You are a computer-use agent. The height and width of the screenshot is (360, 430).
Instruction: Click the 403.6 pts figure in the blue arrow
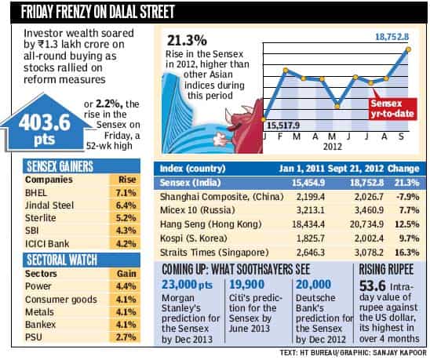pos(44,129)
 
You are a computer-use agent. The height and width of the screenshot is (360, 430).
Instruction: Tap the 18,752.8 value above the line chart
pos(392,36)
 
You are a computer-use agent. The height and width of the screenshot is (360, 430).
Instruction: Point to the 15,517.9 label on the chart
pos(283,125)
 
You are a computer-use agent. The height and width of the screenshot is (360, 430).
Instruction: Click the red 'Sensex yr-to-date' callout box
pos(392,109)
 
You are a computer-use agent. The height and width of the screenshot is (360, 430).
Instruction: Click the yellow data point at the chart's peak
pos(408,49)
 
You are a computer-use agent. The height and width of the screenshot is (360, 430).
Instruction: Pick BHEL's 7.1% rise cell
pos(126,193)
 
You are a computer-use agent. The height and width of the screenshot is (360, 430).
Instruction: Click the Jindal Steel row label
pos(49,205)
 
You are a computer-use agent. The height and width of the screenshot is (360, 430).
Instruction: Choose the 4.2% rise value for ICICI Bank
pos(126,243)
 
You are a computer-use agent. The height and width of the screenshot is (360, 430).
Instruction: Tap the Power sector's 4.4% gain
pos(126,286)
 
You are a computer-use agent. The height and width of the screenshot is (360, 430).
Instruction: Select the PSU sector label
pos(34,336)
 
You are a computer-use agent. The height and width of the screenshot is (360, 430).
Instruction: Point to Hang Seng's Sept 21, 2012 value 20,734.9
pos(366,224)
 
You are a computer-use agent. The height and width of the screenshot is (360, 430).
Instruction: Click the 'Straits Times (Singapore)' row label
pos(214,253)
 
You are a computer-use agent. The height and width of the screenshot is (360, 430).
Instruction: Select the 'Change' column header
pos(403,169)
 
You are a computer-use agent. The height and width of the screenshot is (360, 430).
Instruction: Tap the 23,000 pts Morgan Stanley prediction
pos(187,285)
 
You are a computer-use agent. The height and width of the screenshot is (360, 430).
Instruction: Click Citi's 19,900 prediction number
pos(246,285)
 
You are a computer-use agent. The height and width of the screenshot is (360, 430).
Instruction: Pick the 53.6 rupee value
pos(373,286)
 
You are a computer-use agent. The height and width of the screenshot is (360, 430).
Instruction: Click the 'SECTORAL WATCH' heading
pos(62,260)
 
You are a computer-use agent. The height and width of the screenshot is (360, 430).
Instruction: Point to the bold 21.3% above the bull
pos(187,40)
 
